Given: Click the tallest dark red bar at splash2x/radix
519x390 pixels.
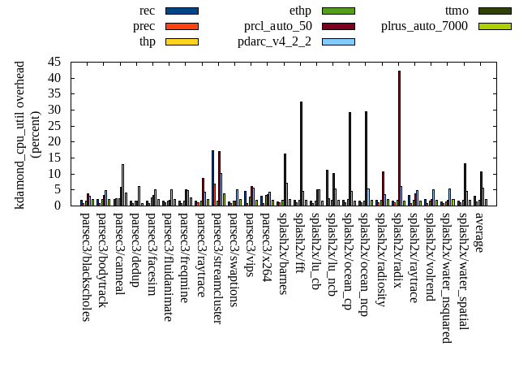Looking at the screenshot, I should coord(399,138).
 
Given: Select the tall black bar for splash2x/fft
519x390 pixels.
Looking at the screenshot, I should coord(301,154).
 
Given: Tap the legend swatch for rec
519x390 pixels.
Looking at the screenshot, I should coord(182,11).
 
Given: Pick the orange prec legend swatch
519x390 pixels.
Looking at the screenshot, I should coord(182,26).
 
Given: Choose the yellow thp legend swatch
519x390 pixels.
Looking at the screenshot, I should coord(182,41).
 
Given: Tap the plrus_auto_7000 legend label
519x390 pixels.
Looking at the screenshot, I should coord(424,26).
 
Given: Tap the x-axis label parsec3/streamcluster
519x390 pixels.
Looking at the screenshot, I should coord(217,267).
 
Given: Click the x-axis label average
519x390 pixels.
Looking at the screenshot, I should coord(479,232).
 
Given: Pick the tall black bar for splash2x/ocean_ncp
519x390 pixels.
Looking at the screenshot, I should coord(366,158).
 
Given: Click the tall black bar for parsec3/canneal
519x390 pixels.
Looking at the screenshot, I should coord(122,184).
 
